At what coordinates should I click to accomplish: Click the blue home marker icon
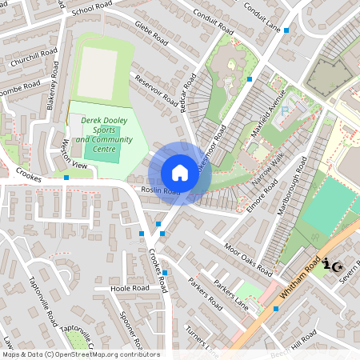pyautogui.click(x=180, y=173)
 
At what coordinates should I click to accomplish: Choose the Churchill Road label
pyautogui.click(x=34, y=59)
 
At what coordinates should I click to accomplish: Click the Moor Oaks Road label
pyautogui.click(x=248, y=255)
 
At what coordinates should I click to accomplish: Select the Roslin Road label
pyautogui.click(x=160, y=191)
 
